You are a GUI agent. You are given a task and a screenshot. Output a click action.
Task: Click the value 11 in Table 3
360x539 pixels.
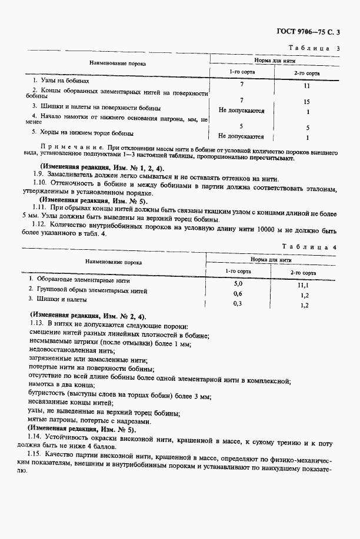(307, 86)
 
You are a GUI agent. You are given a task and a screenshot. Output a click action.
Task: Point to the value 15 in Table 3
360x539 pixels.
(307, 101)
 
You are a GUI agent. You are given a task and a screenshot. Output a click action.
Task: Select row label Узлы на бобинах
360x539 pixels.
(61, 80)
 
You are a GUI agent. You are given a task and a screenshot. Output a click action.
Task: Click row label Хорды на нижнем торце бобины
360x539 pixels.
(78, 133)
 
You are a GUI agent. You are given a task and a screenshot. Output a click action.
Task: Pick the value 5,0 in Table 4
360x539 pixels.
(238, 284)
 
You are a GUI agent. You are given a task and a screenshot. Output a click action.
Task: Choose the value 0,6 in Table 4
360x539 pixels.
(238, 293)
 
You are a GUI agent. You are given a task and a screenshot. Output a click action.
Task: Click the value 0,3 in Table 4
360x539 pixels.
(238, 303)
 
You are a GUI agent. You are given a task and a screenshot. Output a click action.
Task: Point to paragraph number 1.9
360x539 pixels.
(39, 179)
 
